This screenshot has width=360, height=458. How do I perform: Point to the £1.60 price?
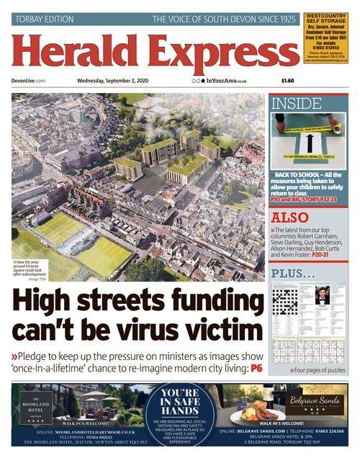pos(287,81)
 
